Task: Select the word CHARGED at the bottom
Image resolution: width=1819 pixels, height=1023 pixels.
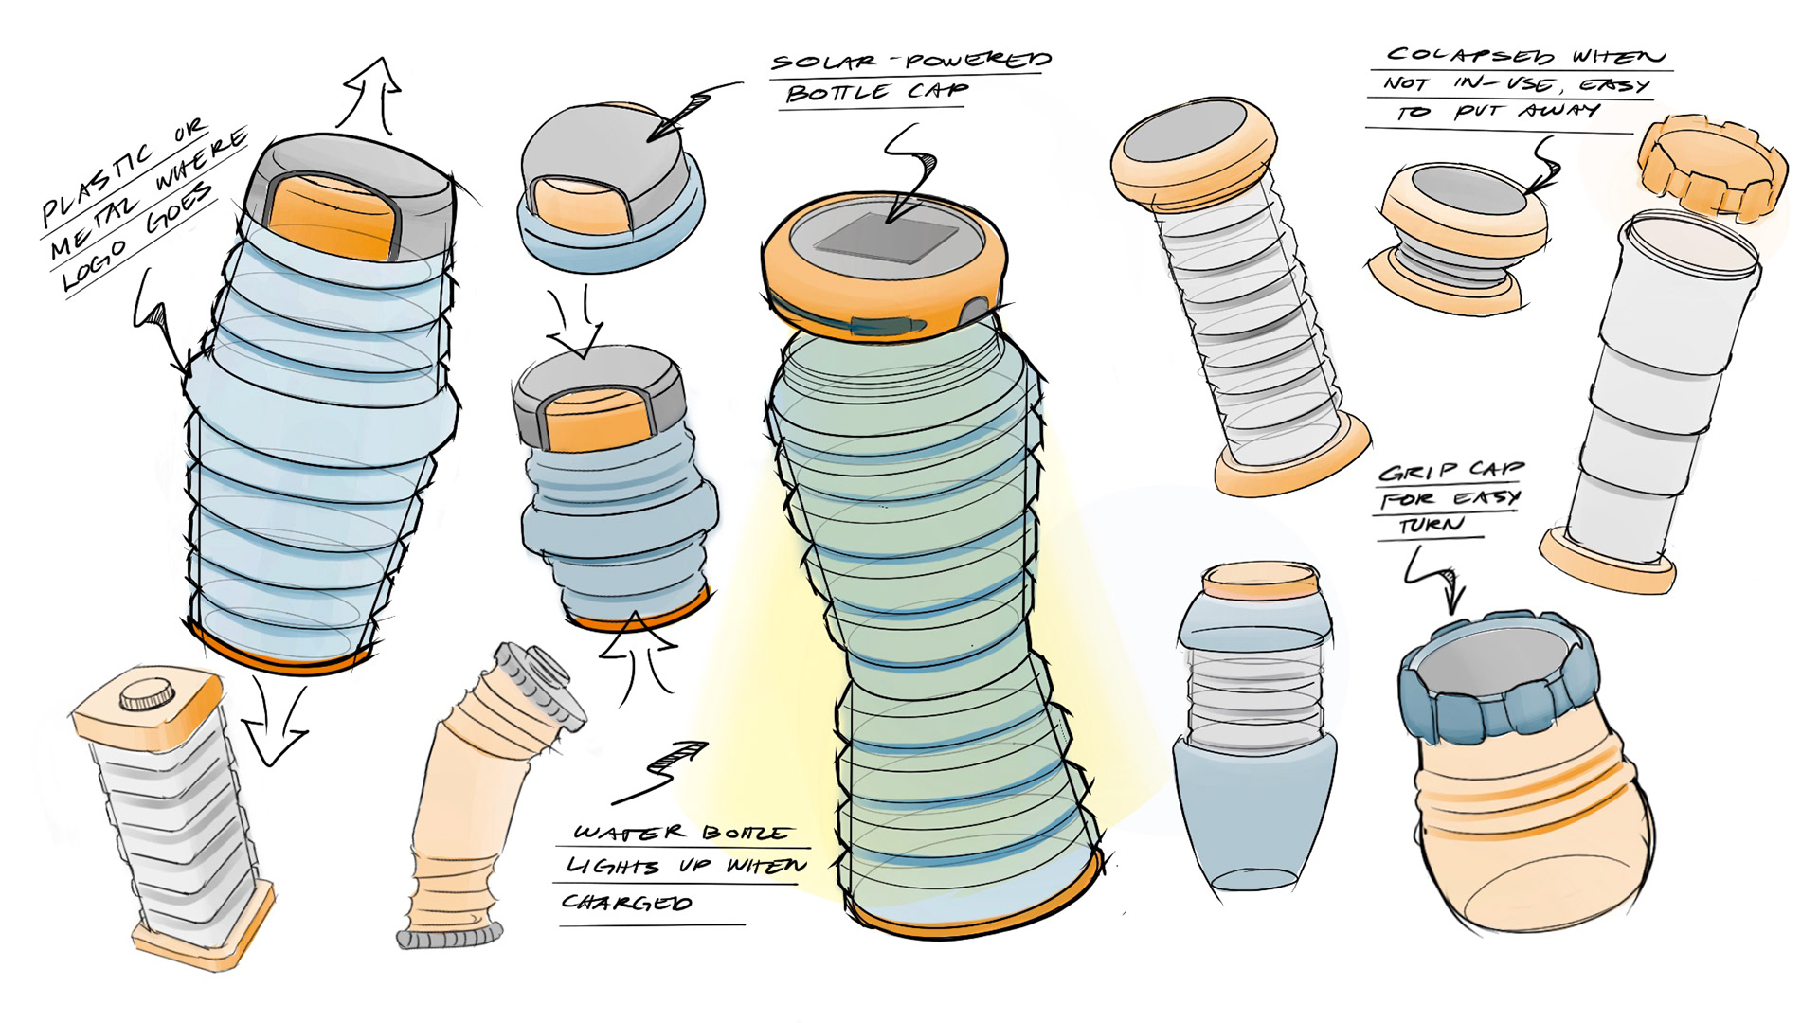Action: (x=627, y=902)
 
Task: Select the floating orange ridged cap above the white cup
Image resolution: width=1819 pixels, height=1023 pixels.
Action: (x=1713, y=164)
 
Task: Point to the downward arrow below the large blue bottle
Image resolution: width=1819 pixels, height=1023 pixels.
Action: (x=275, y=724)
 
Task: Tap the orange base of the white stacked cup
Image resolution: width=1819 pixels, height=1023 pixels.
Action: (x=1607, y=563)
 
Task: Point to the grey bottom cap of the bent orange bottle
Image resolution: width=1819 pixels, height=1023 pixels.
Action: (x=447, y=938)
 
